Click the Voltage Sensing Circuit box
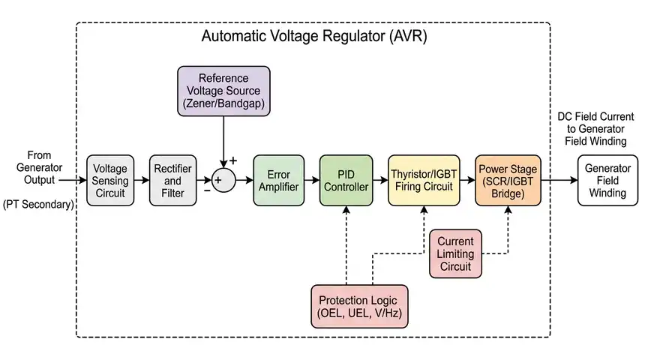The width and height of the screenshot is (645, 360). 110,181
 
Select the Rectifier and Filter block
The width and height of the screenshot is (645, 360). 172,181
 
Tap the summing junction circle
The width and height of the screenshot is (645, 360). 223,181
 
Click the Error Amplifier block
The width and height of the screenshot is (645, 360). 278,181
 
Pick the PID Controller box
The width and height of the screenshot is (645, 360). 346,181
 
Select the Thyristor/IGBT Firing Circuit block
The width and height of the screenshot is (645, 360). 424,181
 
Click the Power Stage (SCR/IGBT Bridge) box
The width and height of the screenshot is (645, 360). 508,181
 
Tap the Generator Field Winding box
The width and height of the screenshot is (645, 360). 607,181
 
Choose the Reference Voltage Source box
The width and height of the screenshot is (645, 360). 223,91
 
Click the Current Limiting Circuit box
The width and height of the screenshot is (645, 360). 455,253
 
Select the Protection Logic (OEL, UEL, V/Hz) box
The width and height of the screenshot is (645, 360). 360,306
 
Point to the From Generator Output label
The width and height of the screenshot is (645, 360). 39,167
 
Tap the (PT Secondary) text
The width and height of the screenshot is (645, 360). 39,204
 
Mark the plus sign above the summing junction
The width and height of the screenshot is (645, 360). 232,160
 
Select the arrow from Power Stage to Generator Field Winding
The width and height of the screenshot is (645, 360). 559,181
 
